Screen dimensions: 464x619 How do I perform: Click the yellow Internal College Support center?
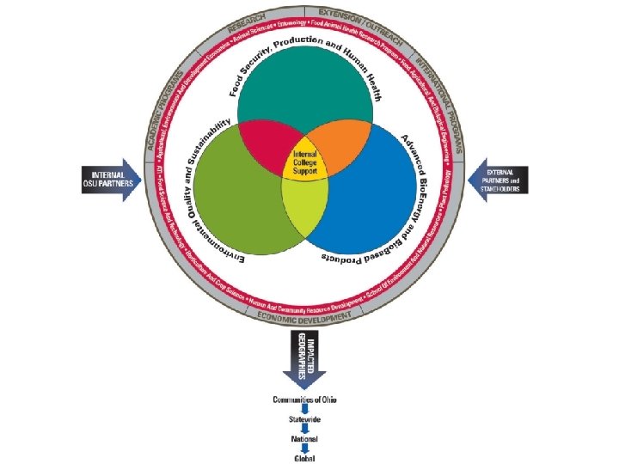pos(305,159)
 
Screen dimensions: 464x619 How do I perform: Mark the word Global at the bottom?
pos(304,458)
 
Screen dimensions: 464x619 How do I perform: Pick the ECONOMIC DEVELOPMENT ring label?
pos(304,315)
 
